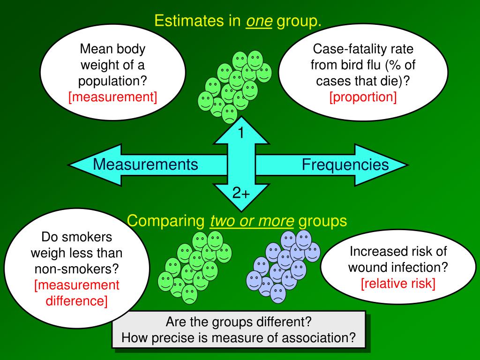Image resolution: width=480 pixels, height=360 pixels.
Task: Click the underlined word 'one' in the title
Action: (x=259, y=21)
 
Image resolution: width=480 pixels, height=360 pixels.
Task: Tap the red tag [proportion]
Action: (x=363, y=97)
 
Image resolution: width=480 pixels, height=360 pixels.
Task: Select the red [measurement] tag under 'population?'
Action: (x=112, y=97)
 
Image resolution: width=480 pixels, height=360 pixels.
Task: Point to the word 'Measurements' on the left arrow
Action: (x=145, y=165)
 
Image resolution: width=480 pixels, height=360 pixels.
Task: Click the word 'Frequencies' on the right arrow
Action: (x=345, y=165)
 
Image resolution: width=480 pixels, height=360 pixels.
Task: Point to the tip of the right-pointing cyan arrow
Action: (x=407, y=165)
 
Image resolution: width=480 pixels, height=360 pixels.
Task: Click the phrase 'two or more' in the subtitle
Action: (x=252, y=221)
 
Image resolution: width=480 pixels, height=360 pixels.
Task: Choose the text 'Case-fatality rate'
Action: (x=363, y=49)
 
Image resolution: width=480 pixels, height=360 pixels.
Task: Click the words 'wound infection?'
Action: (x=398, y=267)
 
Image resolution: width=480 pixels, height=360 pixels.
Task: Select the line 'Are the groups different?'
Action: (x=239, y=322)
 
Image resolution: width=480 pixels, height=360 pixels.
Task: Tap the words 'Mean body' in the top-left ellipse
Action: (x=112, y=49)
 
